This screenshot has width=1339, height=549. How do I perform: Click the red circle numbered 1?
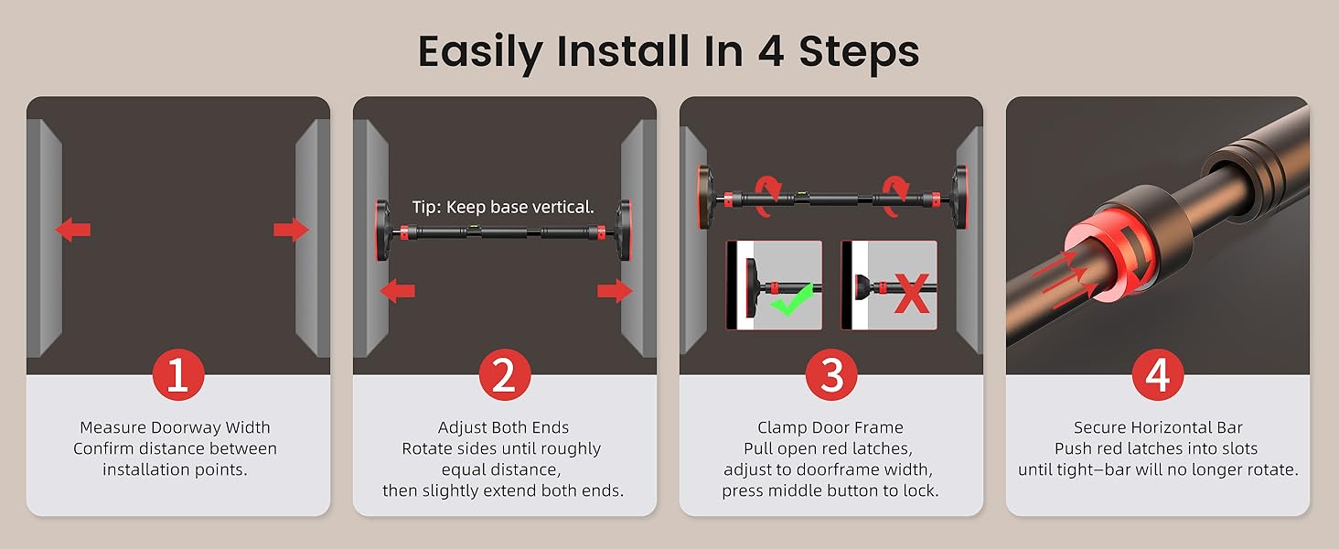click(x=177, y=376)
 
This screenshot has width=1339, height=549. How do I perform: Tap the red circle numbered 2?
click(x=504, y=376)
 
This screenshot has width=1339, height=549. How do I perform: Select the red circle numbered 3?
click(x=830, y=376)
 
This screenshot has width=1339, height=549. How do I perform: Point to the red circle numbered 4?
click(x=1157, y=376)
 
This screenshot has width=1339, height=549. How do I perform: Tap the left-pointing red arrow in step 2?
click(x=397, y=291)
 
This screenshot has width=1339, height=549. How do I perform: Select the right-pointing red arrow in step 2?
click(x=615, y=291)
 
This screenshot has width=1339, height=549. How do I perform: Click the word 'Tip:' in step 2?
click(x=428, y=208)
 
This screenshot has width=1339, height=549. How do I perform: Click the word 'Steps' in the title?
click(x=859, y=52)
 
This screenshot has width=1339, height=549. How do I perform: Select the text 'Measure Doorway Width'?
click(x=175, y=427)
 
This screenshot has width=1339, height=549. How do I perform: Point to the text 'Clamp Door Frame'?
click(x=830, y=427)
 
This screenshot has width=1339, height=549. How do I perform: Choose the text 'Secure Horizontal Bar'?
click(x=1157, y=427)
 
